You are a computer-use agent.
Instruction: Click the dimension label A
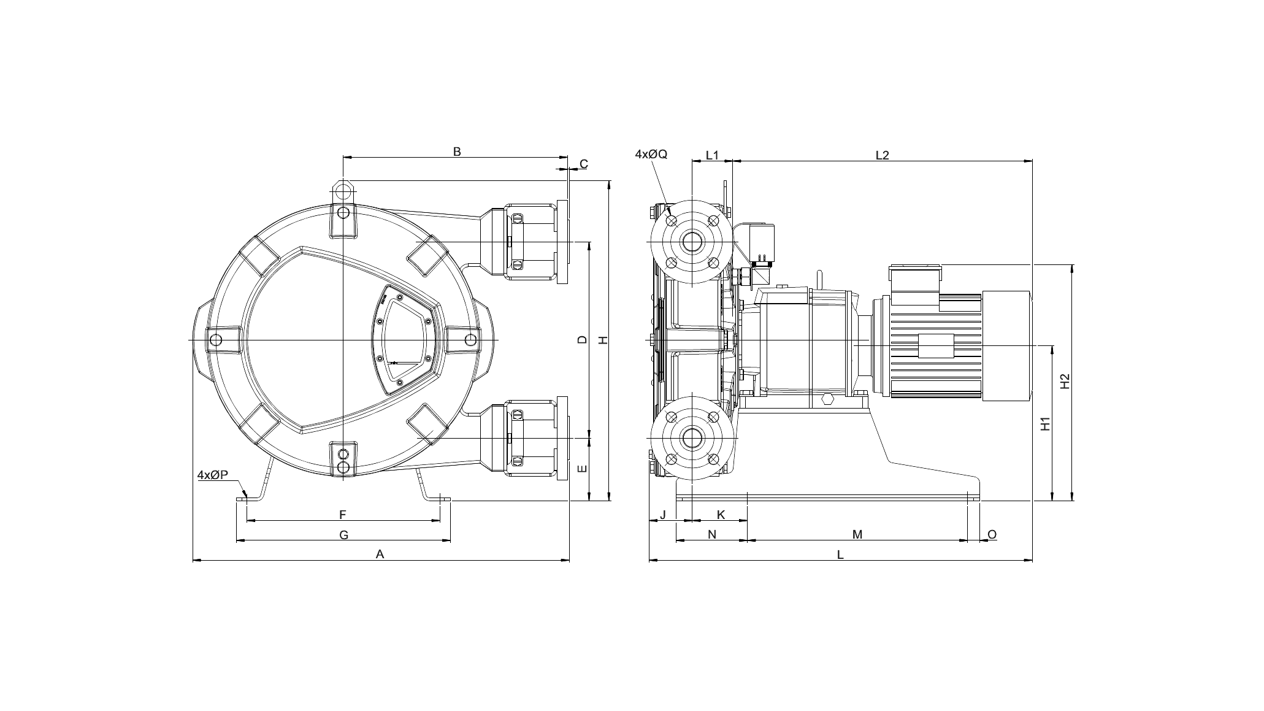[x=380, y=554]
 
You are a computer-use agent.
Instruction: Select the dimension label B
[x=457, y=151]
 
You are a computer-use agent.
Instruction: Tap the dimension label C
[x=584, y=164]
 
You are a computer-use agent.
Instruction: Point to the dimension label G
[x=344, y=535]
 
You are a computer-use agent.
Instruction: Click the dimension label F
[x=343, y=515]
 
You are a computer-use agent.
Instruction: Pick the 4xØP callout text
[x=213, y=475]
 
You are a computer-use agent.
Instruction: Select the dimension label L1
[x=712, y=155]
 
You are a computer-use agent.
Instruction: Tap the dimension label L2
[x=882, y=155]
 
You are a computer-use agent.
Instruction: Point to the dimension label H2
[x=1065, y=381]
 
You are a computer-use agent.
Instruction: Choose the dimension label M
[x=857, y=534]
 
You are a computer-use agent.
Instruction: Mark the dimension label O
[x=992, y=534]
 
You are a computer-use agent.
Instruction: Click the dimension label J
[x=662, y=515]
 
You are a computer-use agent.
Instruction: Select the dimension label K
[x=721, y=515]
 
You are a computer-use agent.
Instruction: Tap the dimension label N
[x=712, y=534]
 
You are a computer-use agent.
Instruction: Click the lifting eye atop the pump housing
[x=343, y=189]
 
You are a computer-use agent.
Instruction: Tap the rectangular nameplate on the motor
[x=937, y=346]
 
